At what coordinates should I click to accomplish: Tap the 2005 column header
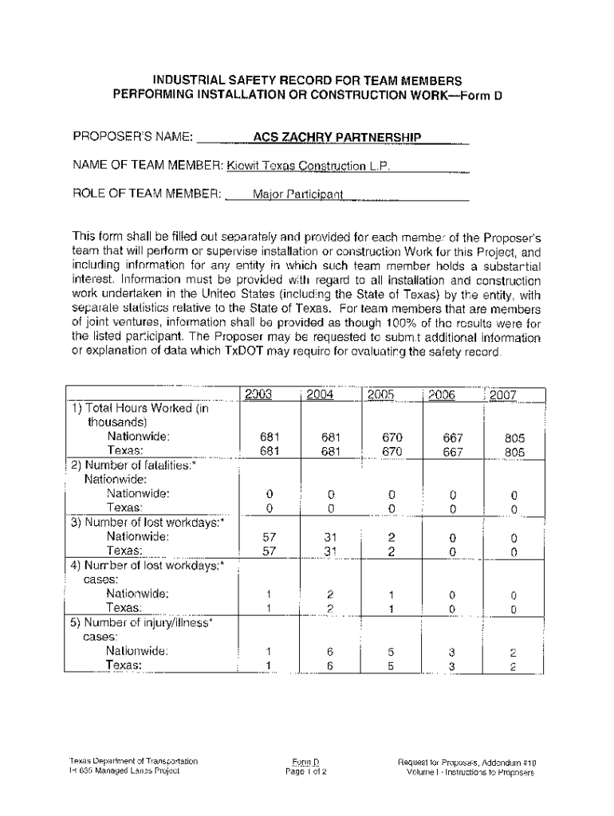(381, 394)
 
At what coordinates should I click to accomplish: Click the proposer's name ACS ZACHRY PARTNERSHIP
(337, 138)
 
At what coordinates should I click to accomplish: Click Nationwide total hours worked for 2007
(514, 437)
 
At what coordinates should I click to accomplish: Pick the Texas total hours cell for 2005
(392, 451)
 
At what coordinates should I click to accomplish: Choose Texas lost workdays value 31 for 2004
(330, 551)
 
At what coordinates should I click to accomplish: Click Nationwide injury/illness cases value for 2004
(330, 651)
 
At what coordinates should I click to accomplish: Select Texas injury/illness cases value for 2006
(451, 665)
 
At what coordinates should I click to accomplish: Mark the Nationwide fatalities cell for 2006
(451, 494)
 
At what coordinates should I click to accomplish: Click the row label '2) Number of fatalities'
(133, 465)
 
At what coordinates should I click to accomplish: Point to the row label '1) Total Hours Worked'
(140, 408)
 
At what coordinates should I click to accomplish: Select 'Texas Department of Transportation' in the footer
(133, 761)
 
